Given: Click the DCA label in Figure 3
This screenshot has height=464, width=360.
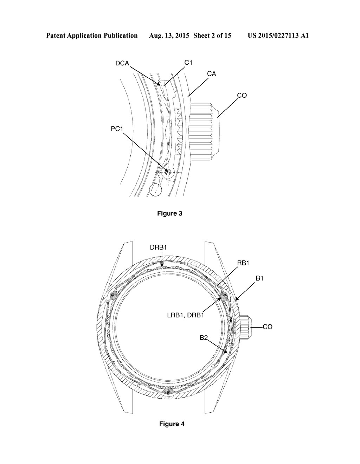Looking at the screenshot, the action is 122,63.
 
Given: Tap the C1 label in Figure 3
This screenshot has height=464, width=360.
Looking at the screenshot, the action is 188,63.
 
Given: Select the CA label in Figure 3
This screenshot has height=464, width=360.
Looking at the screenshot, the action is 211,74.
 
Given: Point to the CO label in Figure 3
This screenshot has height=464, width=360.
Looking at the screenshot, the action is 242,96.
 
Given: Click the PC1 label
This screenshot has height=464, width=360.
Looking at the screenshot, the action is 117,129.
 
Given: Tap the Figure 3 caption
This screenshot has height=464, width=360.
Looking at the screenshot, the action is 170,213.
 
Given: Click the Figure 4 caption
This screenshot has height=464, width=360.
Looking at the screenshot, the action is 172,424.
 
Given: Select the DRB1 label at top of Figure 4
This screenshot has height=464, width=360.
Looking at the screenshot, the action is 158,247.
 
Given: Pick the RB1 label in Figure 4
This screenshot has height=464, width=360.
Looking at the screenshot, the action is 243,263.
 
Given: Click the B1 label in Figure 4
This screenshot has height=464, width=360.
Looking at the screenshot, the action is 259,278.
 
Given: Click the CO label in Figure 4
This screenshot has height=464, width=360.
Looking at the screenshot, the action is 268,327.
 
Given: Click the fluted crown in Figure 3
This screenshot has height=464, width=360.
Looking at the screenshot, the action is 204,131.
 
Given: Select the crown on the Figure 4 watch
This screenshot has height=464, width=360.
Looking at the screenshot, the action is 246,327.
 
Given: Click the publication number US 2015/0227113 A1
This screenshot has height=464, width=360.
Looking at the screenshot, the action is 278,36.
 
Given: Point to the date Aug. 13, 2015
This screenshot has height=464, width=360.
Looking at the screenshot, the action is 169,36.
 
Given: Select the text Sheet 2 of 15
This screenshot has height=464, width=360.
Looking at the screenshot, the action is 212,36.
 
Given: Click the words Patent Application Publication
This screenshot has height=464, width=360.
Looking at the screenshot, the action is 92,36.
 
